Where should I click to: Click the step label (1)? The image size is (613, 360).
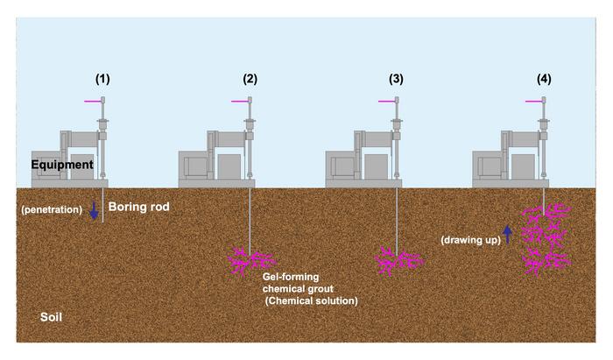click(103, 80)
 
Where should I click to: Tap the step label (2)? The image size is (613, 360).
click(250, 80)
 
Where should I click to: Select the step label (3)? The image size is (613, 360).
click(397, 80)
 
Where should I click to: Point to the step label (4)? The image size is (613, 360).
click(545, 80)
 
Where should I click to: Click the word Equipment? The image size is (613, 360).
click(60, 164)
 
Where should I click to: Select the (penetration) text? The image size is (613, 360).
click(53, 210)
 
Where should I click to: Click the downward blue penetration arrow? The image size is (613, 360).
click(95, 211)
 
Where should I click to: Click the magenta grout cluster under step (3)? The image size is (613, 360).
click(398, 261)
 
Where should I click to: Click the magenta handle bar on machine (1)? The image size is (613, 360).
click(92, 102)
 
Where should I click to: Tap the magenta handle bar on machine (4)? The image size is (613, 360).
click(533, 102)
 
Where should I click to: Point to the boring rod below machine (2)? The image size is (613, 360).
click(250, 219)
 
